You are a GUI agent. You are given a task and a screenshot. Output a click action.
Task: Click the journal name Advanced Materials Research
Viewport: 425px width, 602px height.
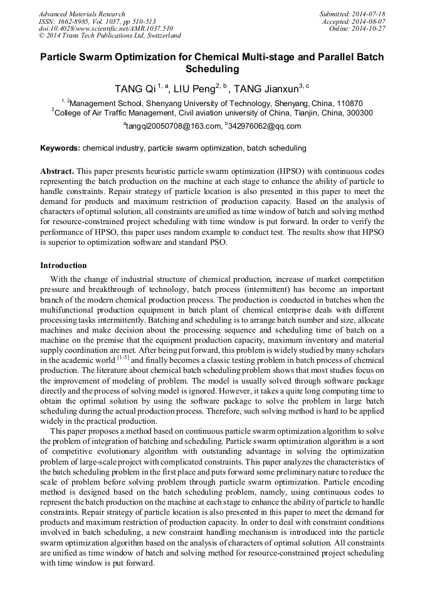(x=81, y=14)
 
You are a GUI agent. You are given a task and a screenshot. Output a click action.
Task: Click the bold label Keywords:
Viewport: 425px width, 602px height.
(x=60, y=149)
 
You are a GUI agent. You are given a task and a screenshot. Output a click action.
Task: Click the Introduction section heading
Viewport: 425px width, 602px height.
(x=63, y=266)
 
